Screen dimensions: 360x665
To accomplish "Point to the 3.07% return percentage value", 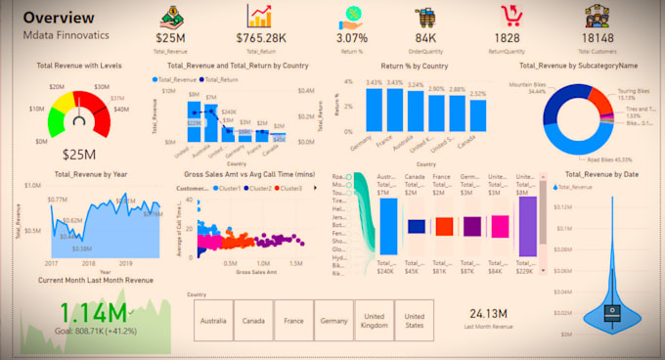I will coord(351,37).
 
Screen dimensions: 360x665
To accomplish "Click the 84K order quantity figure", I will coord(425,37).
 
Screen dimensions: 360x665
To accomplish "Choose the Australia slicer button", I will coord(213,319).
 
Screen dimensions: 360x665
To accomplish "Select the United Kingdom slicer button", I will coord(376,319).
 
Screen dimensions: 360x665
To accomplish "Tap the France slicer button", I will coord(294,319).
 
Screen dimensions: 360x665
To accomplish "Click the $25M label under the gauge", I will coord(78,154).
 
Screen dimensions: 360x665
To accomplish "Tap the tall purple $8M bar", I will coord(527,225).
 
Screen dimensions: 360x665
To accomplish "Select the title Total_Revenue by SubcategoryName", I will coord(587,66).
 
